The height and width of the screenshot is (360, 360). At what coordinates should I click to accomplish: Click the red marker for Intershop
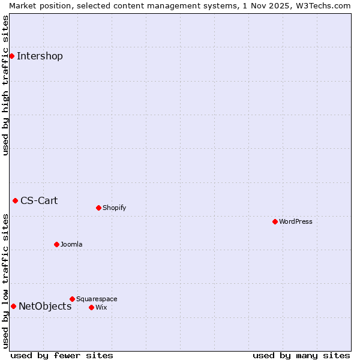click(x=11, y=56)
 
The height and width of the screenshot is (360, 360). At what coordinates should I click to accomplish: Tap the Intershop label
click(x=40, y=56)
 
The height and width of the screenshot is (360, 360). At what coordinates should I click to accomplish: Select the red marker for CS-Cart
click(x=15, y=200)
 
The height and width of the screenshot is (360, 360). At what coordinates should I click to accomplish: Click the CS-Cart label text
click(x=39, y=201)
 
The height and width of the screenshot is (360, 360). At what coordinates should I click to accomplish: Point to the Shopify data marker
click(x=98, y=208)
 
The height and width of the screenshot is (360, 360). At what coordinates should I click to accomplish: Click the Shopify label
click(x=114, y=208)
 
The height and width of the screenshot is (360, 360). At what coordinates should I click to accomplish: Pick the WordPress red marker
click(x=275, y=221)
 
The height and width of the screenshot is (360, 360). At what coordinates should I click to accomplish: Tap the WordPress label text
click(x=295, y=222)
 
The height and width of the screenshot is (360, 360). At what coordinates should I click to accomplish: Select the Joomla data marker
click(x=56, y=244)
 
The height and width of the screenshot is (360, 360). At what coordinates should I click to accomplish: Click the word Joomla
click(x=71, y=245)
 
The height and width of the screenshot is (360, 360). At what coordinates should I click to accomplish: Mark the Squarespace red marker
click(x=72, y=299)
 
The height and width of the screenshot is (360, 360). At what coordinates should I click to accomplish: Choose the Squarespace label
click(x=97, y=299)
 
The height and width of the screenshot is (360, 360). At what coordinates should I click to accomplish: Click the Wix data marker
click(x=91, y=307)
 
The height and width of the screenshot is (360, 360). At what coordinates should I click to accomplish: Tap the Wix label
click(x=101, y=308)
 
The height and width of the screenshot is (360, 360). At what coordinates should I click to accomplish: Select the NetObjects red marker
click(x=13, y=306)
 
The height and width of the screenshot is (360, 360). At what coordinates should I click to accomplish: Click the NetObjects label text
click(x=45, y=307)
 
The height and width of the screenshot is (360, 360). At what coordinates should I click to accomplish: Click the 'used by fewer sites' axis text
click(x=62, y=355)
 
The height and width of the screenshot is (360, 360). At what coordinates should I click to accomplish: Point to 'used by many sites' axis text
click(x=301, y=355)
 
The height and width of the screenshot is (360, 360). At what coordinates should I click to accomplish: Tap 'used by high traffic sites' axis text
click(x=5, y=85)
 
